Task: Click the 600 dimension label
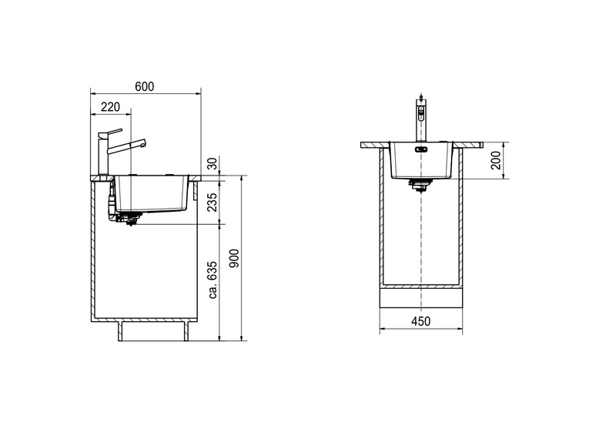coord(144,86)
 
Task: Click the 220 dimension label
coord(110,107)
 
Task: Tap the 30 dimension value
coord(213,163)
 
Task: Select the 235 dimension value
coord(213,202)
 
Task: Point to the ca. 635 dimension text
coord(213,279)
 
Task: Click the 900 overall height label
coord(234,259)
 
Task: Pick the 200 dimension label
coord(496,160)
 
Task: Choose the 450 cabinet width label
coord(420,321)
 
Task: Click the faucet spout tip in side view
coord(144,142)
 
